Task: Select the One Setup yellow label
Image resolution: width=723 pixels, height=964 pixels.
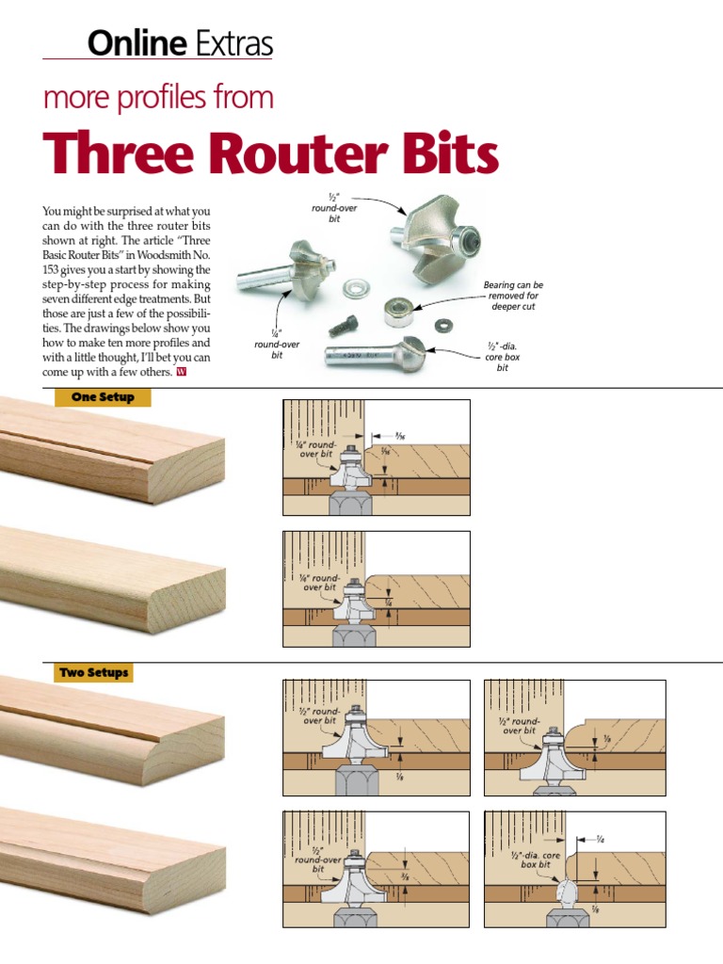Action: point(103,397)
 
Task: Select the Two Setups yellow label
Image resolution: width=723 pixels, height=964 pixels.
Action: point(93,673)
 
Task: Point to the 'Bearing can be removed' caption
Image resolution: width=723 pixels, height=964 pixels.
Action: point(513,295)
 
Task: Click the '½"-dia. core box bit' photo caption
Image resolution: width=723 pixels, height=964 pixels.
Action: point(503,357)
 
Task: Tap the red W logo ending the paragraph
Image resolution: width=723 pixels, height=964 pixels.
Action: point(182,373)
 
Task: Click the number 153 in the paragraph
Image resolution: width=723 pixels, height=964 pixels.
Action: point(54,270)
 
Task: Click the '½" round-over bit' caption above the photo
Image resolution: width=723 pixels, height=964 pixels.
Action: point(335,207)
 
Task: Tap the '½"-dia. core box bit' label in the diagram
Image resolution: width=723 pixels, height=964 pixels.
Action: point(536,860)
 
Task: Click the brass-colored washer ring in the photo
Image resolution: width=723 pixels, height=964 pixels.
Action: point(357,282)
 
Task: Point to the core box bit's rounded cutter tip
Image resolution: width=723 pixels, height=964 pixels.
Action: point(414,356)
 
